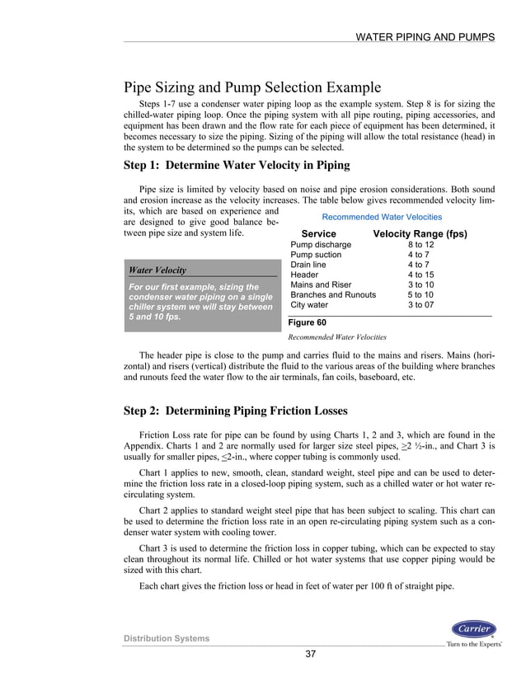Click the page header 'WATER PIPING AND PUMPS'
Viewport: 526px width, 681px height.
coord(424,37)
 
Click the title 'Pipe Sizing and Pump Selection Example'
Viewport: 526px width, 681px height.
coord(251,87)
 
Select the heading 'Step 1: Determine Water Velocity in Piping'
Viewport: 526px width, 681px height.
coord(236,165)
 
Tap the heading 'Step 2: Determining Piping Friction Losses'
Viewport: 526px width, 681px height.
coord(235,411)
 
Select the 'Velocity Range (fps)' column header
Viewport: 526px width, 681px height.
coord(420,234)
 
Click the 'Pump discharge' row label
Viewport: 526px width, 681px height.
coord(321,245)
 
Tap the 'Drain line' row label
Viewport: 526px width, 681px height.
coord(312,265)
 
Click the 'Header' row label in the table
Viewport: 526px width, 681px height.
coord(307,275)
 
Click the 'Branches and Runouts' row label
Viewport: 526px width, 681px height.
coord(333,294)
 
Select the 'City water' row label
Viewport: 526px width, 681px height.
coord(311,304)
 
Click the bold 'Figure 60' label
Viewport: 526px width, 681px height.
coord(307,322)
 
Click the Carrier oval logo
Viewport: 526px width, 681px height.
coord(473,629)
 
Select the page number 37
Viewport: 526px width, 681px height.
coord(311,655)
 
